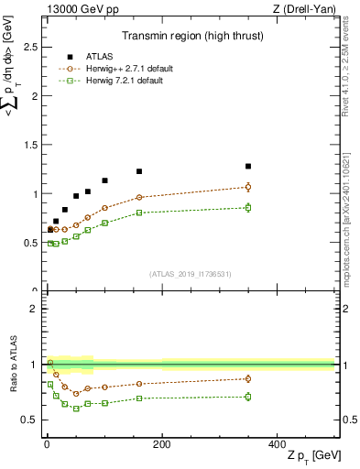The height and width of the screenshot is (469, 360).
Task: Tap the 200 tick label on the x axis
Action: (161, 444)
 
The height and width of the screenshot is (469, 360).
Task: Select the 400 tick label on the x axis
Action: (277, 444)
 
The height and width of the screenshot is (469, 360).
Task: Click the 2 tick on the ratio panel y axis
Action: (34, 309)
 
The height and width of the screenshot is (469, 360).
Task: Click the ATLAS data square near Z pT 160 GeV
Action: (139, 171)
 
